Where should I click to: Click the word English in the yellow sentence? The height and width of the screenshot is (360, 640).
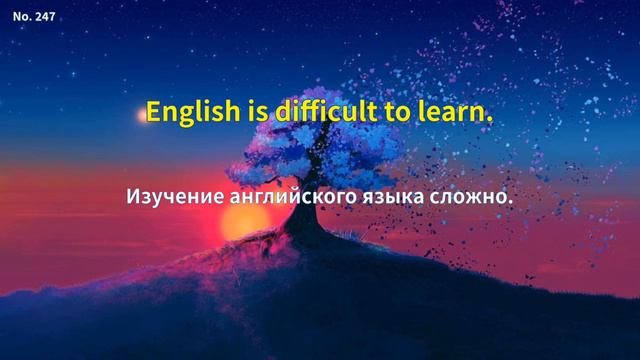tap(191, 111)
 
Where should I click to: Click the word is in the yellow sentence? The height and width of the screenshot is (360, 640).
tap(251, 111)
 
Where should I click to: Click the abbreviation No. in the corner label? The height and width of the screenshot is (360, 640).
tap(21, 17)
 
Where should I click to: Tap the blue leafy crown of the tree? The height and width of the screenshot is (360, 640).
tap(300, 150)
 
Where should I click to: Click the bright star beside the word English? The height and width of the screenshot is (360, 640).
tap(140, 115)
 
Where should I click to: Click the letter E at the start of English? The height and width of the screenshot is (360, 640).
tap(153, 111)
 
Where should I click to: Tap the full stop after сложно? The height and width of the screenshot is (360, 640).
tap(510, 203)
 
